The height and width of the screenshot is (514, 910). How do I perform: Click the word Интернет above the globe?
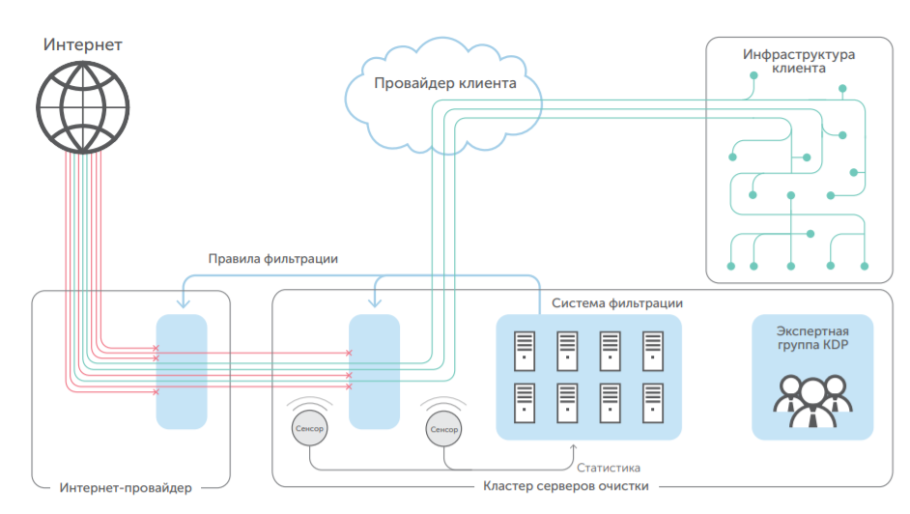tap(83, 45)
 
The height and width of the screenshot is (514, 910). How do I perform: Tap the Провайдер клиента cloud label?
tap(444, 84)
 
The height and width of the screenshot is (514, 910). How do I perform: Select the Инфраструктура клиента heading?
tap(799, 62)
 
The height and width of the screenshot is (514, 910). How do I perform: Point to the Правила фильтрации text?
tap(273, 259)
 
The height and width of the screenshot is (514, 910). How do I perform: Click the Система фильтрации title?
tap(617, 303)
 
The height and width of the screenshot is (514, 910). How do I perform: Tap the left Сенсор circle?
tap(309, 427)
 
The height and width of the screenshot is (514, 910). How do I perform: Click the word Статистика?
tap(609, 468)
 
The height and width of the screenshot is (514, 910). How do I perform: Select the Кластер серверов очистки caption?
tap(565, 486)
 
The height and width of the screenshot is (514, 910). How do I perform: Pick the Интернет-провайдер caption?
tap(126, 486)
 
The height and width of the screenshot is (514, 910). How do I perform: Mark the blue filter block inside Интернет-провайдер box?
tap(182, 371)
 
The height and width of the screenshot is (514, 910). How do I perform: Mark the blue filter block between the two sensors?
tap(374, 371)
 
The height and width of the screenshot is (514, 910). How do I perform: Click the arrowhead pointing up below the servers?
tap(575, 448)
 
